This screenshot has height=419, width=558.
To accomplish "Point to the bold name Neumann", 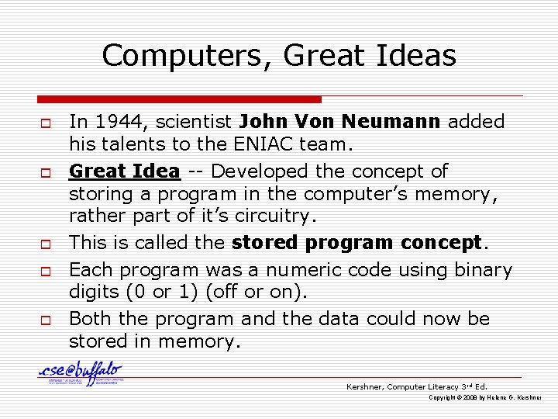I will coord(394,122).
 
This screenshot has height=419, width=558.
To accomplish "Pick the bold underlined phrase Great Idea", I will coord(125,171).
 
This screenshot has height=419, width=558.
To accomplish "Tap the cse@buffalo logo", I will coord(81,373).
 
